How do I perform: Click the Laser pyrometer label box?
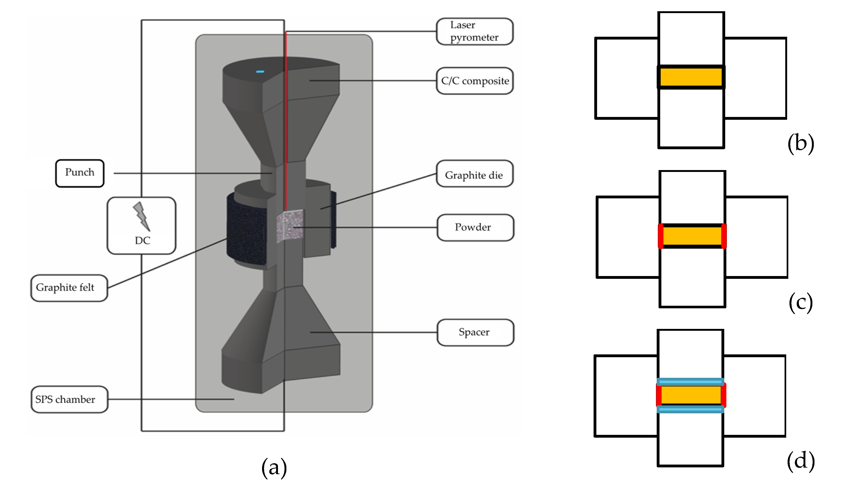pos(475,31)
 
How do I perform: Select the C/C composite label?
pos(475,81)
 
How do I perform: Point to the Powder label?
pos(475,228)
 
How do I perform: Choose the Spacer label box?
pos(475,332)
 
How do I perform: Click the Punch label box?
pos(80,173)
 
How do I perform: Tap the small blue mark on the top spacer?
pos(260,72)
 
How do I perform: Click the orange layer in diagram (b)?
pos(691,77)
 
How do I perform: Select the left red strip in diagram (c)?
pos(661,236)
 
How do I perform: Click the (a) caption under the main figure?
pos(274,468)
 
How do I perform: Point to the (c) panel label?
pos(801,302)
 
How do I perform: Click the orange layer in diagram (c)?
pos(692,236)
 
